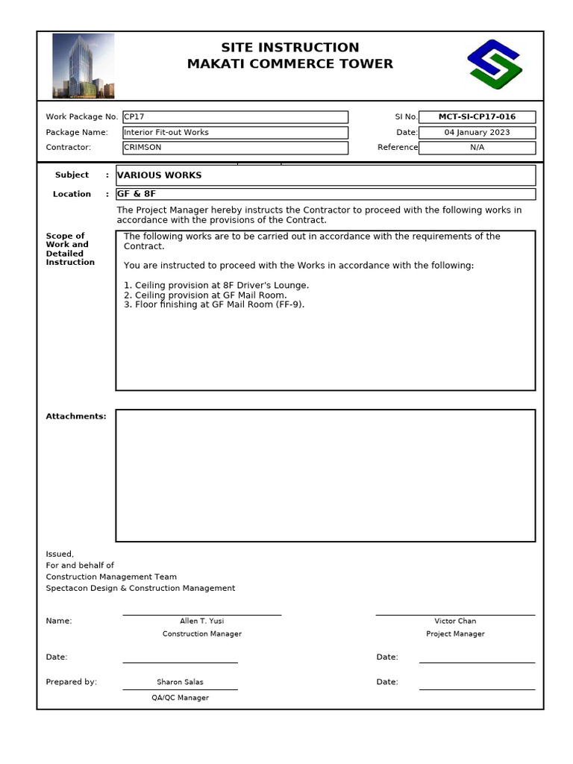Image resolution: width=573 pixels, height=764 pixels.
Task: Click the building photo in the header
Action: point(83,66)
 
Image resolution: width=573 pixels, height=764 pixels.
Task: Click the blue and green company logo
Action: point(494,64)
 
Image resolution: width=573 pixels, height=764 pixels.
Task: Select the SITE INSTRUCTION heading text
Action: point(289,48)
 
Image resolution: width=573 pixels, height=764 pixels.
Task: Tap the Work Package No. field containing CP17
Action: point(235,117)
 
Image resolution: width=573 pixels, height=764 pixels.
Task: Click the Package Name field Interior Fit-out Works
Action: point(235,133)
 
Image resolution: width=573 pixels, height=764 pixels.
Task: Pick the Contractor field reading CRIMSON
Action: point(235,148)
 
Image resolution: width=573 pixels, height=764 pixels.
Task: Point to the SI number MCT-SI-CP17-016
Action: point(477,117)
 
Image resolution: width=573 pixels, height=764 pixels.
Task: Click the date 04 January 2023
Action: point(477,133)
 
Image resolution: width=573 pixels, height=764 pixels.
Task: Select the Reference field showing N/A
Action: point(477,148)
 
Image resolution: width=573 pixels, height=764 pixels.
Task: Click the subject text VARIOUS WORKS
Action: point(160,175)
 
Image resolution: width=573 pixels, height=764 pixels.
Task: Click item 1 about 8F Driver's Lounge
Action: point(216,286)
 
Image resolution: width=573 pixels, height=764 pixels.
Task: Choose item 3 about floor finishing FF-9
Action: point(214,304)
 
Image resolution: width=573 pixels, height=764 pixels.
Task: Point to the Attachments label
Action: point(76,416)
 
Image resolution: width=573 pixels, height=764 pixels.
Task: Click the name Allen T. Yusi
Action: point(201,621)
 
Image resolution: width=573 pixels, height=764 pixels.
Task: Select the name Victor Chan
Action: point(455,621)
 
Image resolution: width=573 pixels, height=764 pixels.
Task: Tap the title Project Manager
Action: point(455,634)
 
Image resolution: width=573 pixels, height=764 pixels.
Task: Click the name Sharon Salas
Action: point(180,682)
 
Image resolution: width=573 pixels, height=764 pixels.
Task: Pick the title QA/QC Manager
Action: point(180,698)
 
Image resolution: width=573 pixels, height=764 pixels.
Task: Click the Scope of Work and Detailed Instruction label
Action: point(70,249)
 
